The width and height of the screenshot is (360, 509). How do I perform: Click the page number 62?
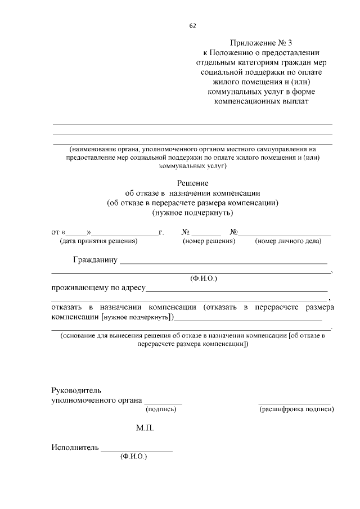[x=193, y=25]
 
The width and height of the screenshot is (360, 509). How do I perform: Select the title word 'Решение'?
[x=193, y=183]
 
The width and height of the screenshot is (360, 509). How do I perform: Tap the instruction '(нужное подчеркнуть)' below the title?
[x=193, y=213]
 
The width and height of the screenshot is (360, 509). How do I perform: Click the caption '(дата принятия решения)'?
[x=98, y=241]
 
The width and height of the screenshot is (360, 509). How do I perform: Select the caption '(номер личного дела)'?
[x=288, y=241]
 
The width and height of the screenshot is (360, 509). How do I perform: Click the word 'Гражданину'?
[x=95, y=260]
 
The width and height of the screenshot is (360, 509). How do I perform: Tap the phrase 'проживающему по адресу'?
[x=98, y=288]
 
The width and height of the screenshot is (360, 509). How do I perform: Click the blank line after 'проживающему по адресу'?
[x=237, y=290]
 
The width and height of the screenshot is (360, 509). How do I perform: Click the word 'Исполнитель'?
[x=74, y=448]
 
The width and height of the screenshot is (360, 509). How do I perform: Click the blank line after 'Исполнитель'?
[x=137, y=450]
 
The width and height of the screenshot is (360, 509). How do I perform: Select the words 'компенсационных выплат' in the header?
[x=262, y=102]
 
